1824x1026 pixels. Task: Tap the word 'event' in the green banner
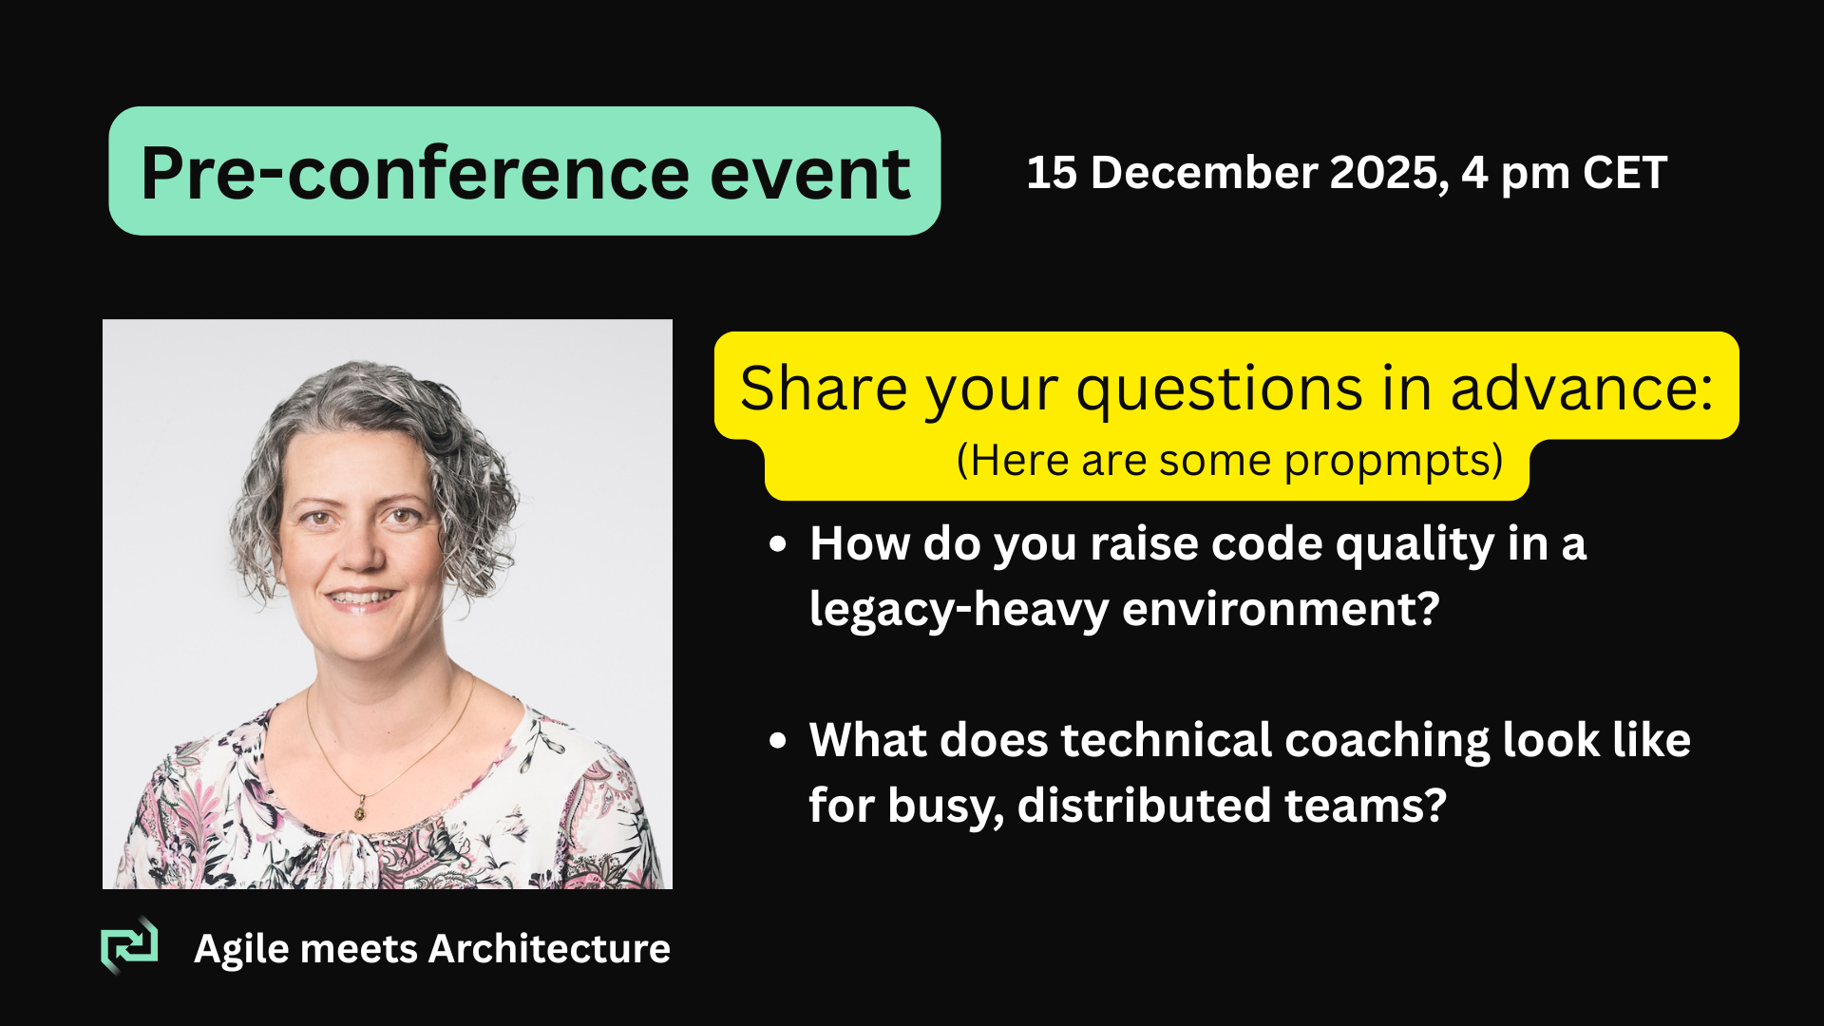pyautogui.click(x=810, y=174)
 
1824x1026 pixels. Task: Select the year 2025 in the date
pyautogui.click(x=1389, y=174)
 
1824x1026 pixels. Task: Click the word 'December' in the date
pyautogui.click(x=1204, y=173)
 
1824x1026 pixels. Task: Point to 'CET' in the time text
pyautogui.click(x=1624, y=173)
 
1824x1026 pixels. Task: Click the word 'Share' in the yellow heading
pyautogui.click(x=824, y=389)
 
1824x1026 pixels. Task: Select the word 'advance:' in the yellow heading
pyautogui.click(x=1582, y=389)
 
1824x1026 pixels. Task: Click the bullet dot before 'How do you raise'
pyautogui.click(x=778, y=544)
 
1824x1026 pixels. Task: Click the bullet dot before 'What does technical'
pyautogui.click(x=778, y=741)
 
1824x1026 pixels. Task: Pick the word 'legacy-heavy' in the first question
pyautogui.click(x=959, y=610)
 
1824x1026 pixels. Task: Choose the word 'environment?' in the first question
pyautogui.click(x=1281, y=609)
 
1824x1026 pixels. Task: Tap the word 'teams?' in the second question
pyautogui.click(x=1365, y=806)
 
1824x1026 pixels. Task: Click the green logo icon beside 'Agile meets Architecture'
pyautogui.click(x=129, y=946)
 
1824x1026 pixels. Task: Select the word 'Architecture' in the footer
pyautogui.click(x=550, y=949)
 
